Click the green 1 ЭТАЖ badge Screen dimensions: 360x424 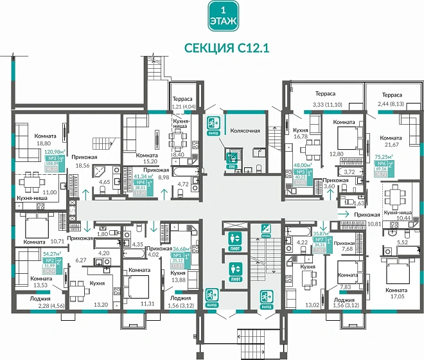coord(222,17)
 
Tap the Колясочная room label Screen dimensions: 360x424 coord(245,130)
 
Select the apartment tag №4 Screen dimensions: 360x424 coord(141,183)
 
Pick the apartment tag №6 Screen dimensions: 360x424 coord(382,163)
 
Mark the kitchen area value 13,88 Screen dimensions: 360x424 coord(179,280)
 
